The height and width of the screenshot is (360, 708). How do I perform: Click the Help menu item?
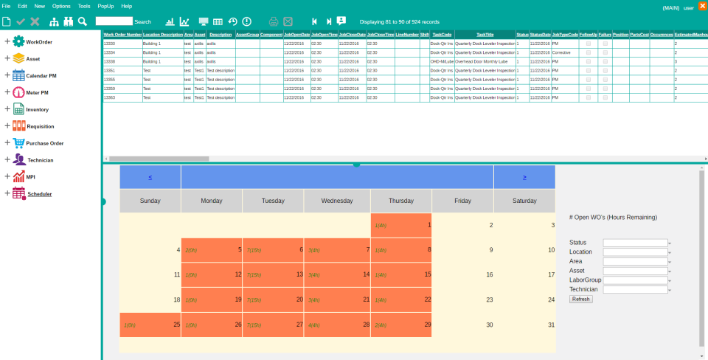[x=127, y=6]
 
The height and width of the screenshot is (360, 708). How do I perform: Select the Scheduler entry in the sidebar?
[x=39, y=193]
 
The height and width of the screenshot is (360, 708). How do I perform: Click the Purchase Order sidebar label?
[x=45, y=143]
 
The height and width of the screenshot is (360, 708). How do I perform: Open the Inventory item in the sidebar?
[x=38, y=110]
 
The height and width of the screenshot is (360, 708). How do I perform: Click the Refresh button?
[x=580, y=299]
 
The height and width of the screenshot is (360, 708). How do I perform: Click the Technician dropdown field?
[x=636, y=290]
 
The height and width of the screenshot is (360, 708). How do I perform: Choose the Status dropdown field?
[x=636, y=242]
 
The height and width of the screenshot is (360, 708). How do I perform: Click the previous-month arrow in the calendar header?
[x=150, y=177]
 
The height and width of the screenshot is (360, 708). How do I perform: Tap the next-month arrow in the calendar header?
[x=524, y=177]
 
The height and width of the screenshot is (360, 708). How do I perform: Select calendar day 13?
[x=299, y=274]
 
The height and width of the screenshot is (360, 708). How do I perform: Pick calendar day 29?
[x=428, y=325]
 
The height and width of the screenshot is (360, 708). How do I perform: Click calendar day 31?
[x=551, y=325]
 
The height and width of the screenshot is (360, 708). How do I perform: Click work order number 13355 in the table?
[x=109, y=80]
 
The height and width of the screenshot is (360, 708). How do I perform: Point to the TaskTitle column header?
[x=485, y=35]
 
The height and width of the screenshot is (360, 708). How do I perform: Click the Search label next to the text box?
[x=143, y=22]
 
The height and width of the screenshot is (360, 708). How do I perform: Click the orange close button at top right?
[x=702, y=7]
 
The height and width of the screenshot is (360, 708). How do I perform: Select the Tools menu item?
[x=84, y=6]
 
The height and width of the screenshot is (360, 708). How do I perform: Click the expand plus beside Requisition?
[x=7, y=126]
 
